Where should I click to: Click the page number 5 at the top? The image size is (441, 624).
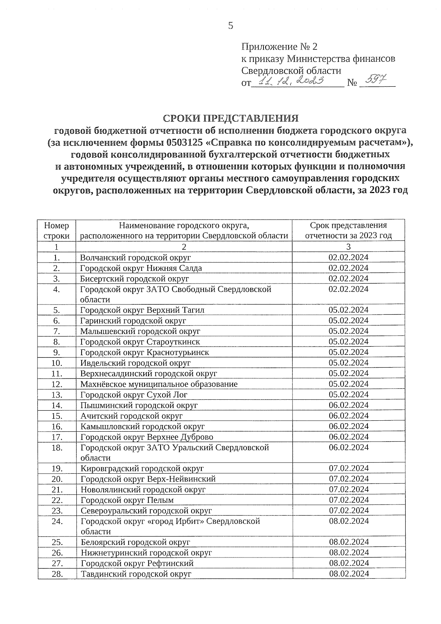pyautogui.click(x=230, y=26)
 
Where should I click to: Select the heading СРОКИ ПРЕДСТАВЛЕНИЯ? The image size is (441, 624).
pyautogui.click(x=231, y=118)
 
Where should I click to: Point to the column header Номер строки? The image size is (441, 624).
pyautogui.click(x=56, y=231)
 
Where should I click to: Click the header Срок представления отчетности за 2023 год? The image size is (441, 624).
pyautogui.click(x=348, y=231)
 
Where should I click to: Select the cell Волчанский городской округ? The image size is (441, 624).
pyautogui.click(x=136, y=257)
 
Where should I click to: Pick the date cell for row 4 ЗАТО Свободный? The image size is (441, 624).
pyautogui.click(x=348, y=289)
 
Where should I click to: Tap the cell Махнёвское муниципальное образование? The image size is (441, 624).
pyautogui.click(x=159, y=384)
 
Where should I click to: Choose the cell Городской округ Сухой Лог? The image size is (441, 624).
pyautogui.click(x=134, y=395)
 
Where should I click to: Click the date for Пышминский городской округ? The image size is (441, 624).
pyautogui.click(x=348, y=405)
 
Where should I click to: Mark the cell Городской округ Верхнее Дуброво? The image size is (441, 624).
pyautogui.click(x=147, y=437)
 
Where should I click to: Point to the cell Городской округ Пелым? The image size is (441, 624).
pyautogui.click(x=127, y=500)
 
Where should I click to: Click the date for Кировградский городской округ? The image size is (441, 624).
pyautogui.click(x=348, y=469)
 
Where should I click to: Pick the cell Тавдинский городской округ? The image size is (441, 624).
pyautogui.click(x=136, y=574)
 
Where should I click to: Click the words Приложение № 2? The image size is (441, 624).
pyautogui.click(x=279, y=47)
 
